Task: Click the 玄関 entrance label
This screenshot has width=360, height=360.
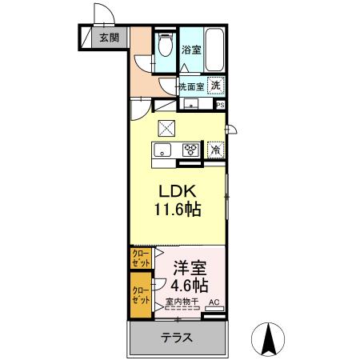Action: [109, 37]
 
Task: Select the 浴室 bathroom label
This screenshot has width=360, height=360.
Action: [190, 50]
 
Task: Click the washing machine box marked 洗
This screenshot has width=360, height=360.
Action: [216, 86]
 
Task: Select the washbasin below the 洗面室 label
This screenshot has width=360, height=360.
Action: [192, 103]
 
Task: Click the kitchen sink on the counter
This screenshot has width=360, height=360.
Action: [162, 150]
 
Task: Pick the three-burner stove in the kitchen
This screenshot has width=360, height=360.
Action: [190, 149]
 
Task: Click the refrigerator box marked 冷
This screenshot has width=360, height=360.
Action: [216, 149]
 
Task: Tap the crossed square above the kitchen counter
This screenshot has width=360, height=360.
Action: [166, 126]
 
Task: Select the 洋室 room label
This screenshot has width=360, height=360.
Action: [190, 267]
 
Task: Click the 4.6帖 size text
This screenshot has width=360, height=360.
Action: [190, 285]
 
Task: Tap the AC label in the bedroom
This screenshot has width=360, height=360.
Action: [214, 303]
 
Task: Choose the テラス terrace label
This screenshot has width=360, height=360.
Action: [176, 338]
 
